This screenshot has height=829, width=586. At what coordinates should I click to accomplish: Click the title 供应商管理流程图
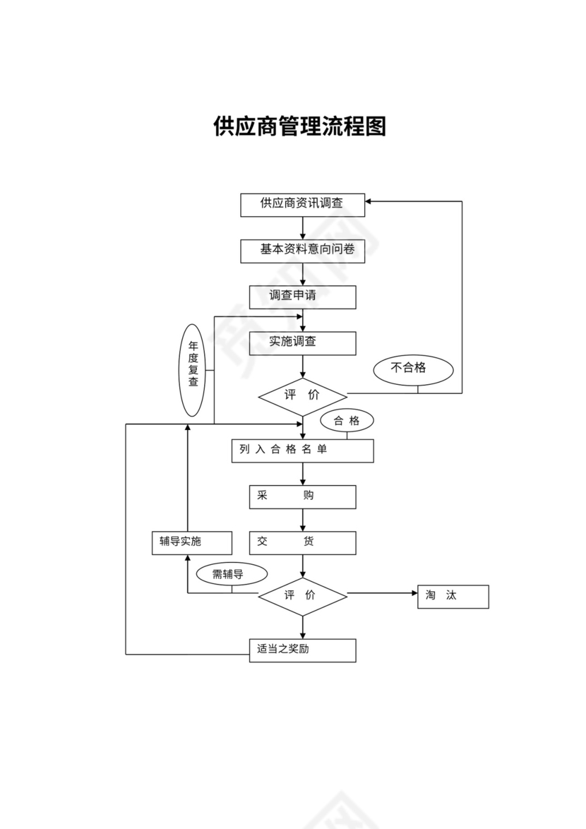point(299,126)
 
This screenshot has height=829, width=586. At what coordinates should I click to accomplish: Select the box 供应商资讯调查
point(302,205)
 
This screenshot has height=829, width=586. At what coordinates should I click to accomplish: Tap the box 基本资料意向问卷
point(302,251)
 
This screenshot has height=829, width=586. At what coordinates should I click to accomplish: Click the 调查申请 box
point(302,297)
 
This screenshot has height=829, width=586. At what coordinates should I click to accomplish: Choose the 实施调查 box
point(302,343)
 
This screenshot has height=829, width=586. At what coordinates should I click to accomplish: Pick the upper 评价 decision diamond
point(302,395)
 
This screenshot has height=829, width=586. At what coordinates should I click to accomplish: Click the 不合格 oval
point(413,368)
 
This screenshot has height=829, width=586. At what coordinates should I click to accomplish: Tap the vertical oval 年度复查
point(193,370)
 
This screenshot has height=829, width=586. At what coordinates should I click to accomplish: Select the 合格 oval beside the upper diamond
point(347,421)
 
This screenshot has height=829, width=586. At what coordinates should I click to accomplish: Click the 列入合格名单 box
point(302,451)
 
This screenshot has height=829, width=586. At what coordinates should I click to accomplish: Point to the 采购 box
point(302,496)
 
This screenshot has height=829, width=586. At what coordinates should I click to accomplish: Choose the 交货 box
point(302,542)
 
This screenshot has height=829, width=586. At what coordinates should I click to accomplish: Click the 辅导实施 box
point(191,542)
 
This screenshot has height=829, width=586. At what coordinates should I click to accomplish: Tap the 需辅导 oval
point(231,574)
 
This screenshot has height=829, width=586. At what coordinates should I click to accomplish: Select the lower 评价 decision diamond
point(302,596)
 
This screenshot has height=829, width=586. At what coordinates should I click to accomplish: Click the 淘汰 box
point(453,596)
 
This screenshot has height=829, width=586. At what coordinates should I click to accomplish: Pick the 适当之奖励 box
point(302,650)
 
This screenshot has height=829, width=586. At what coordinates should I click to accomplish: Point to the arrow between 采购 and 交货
point(303,520)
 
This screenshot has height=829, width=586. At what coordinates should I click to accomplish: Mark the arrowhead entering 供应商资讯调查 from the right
point(369,201)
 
